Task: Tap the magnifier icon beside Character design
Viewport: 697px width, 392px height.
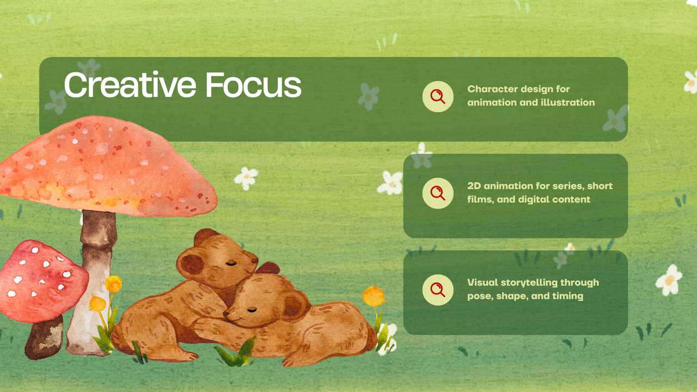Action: [438, 96]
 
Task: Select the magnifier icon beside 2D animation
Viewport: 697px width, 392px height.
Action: [438, 193]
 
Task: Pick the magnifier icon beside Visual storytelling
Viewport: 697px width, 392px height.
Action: [438, 290]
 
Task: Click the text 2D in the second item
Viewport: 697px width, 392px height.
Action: [474, 186]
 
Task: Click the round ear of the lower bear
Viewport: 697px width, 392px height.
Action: [295, 305]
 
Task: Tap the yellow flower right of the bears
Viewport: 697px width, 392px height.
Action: [374, 296]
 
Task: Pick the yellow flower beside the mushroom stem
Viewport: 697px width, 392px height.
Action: [113, 284]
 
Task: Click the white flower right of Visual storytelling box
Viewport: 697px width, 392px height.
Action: [669, 279]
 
